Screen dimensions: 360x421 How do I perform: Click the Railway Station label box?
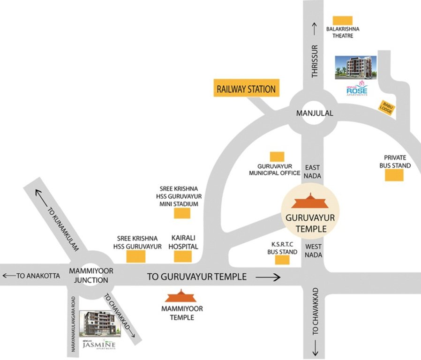pyautogui.click(x=246, y=89)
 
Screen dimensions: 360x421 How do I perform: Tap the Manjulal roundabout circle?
pyautogui.click(x=308, y=112)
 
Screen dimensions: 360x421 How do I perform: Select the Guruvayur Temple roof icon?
pyautogui.click(x=308, y=202)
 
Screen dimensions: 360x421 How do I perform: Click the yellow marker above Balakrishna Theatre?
pyautogui.click(x=342, y=21)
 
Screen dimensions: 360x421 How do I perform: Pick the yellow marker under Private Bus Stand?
pyautogui.click(x=394, y=175)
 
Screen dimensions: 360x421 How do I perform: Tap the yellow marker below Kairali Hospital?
pyautogui.click(x=183, y=256)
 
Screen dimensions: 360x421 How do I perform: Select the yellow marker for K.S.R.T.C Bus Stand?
pyautogui.click(x=282, y=260)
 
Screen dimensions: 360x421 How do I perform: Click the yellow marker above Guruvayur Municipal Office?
pyautogui.click(x=277, y=157)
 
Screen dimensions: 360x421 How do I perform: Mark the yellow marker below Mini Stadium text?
pyautogui.click(x=182, y=213)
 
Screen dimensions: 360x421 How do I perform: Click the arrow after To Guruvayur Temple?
pyautogui.click(x=268, y=277)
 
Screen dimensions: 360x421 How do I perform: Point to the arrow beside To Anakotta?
pyautogui.click(x=8, y=276)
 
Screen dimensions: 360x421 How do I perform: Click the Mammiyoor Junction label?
pyautogui.click(x=89, y=275)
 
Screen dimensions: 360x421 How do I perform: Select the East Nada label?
pyautogui.click(x=312, y=171)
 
